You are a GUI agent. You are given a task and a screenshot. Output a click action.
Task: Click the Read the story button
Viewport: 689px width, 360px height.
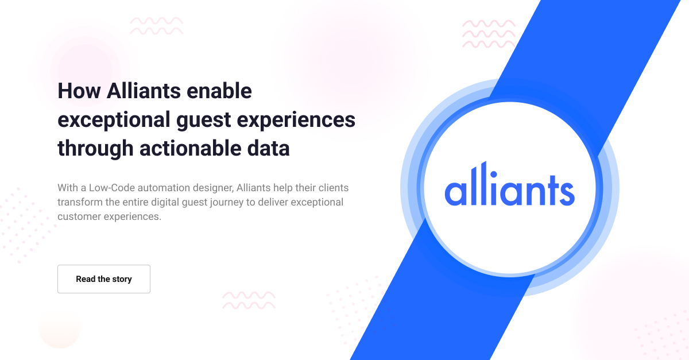pos(104,279)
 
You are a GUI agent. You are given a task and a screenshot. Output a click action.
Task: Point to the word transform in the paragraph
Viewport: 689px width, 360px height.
pos(79,202)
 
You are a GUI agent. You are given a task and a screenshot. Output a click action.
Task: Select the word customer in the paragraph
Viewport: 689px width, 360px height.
pos(78,217)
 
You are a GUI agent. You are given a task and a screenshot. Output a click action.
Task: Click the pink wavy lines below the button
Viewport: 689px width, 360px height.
pos(249,300)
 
